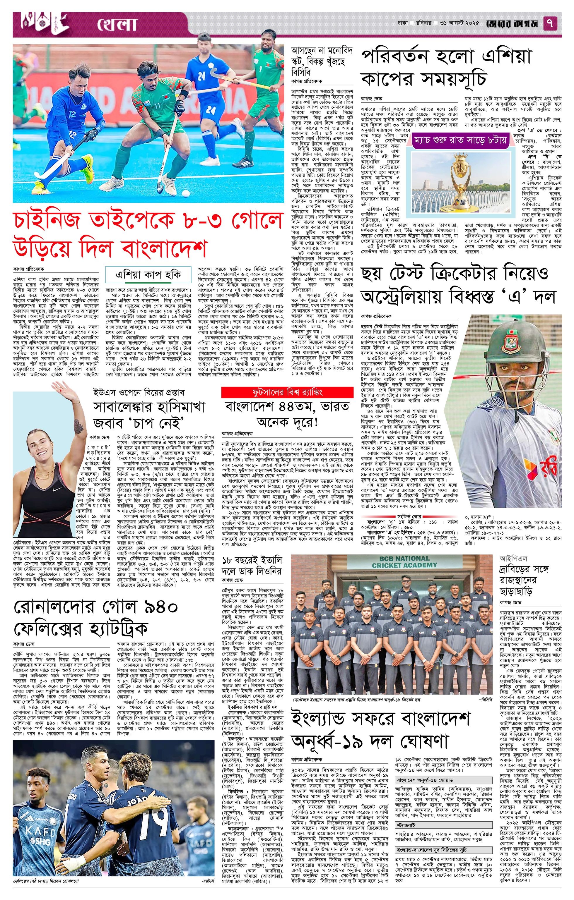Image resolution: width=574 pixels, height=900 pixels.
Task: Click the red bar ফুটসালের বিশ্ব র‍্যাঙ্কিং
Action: pos(287,392)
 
